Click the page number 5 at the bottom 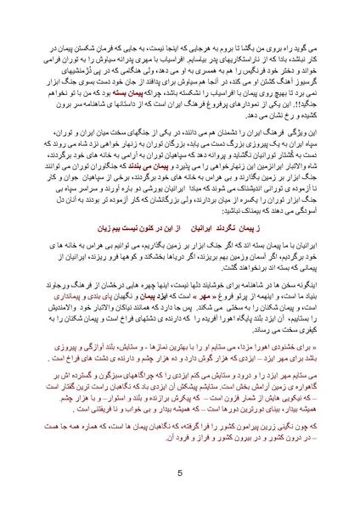pyautogui.click(x=180, y=473)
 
